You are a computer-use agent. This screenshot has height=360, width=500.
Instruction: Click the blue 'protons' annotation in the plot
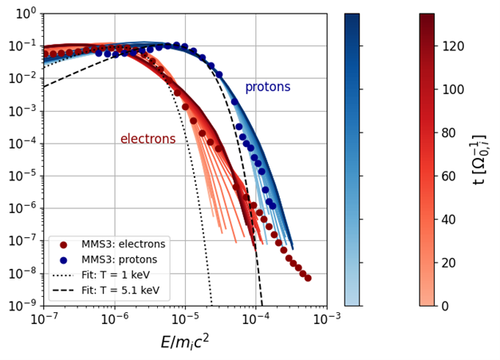[x=267, y=87]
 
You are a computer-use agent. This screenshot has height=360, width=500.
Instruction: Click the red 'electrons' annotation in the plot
[x=148, y=139]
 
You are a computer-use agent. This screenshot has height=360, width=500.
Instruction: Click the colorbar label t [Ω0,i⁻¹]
[x=479, y=160]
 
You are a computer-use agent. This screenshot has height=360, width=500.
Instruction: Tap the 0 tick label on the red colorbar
[x=445, y=306]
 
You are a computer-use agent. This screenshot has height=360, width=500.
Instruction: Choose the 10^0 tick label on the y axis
[x=26, y=14]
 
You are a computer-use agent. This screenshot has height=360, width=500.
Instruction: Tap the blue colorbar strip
[x=352, y=160]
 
